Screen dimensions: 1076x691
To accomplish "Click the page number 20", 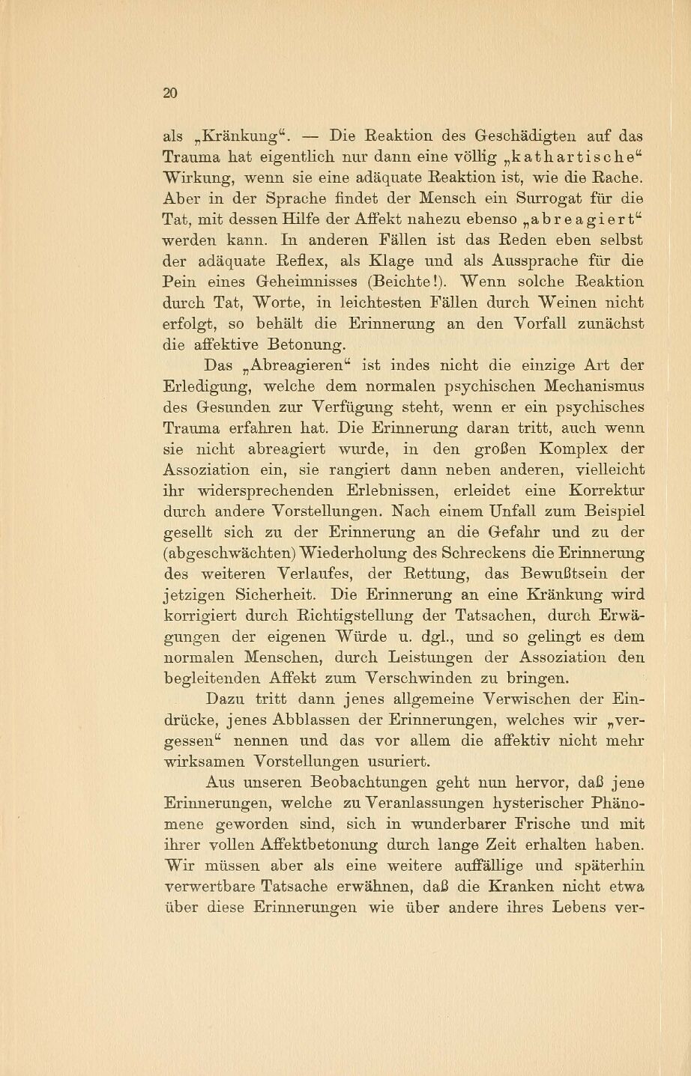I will coord(169,93).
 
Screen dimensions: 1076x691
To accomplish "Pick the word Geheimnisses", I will coord(307,283).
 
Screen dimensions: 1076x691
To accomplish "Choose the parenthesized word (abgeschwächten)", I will coord(229,554).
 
